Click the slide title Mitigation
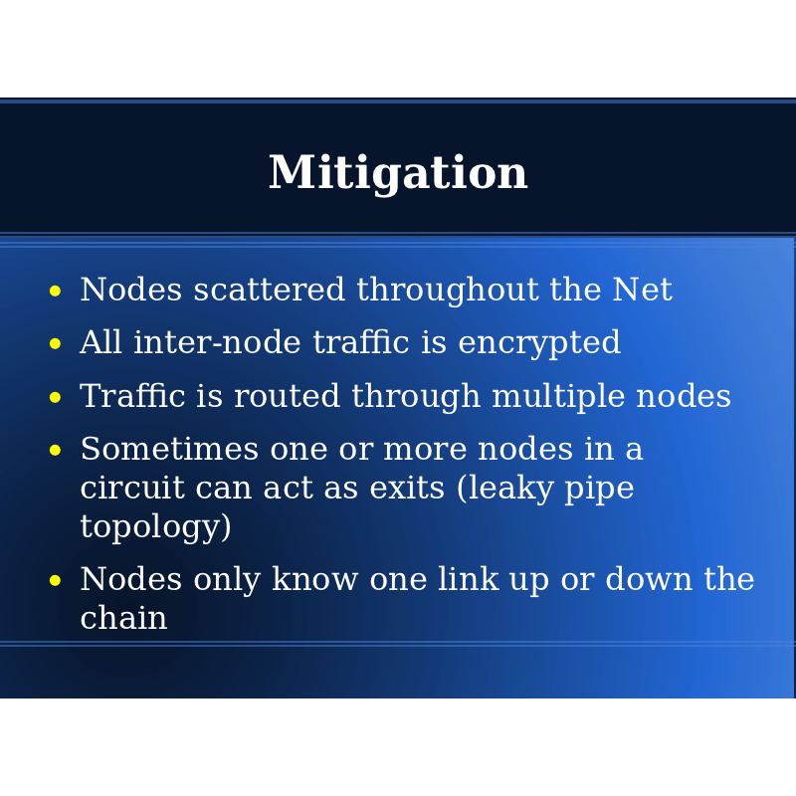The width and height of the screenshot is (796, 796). point(398,173)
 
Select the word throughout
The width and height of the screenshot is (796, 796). point(447,291)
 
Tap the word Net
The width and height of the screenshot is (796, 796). point(642,290)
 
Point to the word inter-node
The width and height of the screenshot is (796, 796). point(217,341)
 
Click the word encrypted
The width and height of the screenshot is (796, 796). point(539,343)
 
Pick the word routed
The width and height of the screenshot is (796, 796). point(287,395)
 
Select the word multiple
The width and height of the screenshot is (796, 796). point(558,397)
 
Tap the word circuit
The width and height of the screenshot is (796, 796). point(132,488)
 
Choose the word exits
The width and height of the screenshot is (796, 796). point(407,488)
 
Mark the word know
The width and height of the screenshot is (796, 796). point(314,579)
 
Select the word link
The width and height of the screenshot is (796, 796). point(468,579)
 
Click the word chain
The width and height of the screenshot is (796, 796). point(123,617)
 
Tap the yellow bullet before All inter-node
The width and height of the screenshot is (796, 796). point(56,343)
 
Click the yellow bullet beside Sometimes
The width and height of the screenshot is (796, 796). point(56,451)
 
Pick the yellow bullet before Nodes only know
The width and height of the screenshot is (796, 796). point(56,580)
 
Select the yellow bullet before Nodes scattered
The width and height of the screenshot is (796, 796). point(56,291)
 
